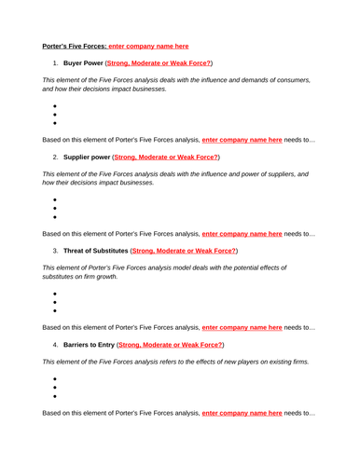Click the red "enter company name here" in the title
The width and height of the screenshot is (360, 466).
pos(148,45)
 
